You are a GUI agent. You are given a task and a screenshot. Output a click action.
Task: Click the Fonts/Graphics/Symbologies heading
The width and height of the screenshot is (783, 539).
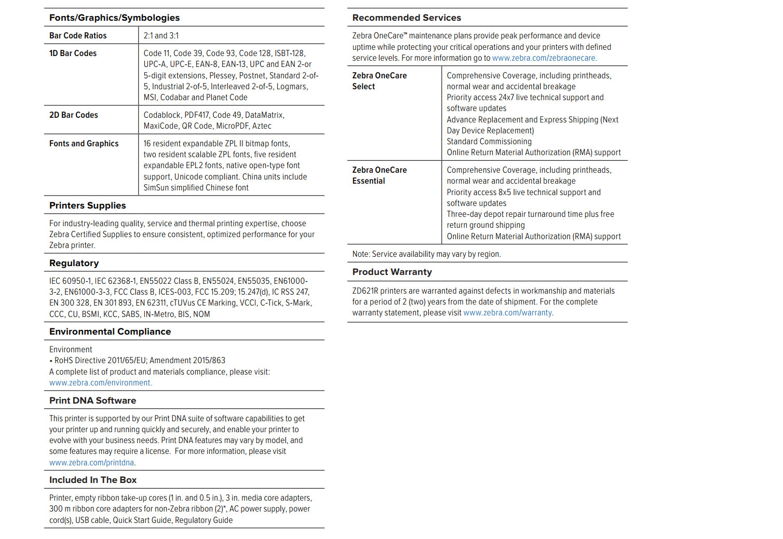point(114,18)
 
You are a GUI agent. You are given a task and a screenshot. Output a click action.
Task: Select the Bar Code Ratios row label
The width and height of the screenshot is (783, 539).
point(78,36)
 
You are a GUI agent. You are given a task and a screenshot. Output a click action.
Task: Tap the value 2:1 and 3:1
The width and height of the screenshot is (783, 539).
point(161,36)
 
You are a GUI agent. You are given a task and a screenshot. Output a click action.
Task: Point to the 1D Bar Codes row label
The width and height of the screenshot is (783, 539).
point(73,53)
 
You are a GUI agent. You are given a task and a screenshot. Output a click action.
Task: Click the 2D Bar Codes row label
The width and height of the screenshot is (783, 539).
point(73,115)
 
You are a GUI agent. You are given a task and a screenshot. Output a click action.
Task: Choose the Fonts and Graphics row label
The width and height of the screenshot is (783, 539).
point(84,144)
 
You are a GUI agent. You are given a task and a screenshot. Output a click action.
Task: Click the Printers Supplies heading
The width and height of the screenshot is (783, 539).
point(87,205)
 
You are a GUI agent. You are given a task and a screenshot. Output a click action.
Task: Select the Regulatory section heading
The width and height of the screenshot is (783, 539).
point(74,263)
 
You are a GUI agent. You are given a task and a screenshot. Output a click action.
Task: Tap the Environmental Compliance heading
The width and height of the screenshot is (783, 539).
point(110,331)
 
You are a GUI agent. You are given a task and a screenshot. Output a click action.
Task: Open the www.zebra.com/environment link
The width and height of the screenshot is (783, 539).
point(100,383)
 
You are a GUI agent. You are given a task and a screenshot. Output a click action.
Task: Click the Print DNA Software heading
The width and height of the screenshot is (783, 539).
point(92,400)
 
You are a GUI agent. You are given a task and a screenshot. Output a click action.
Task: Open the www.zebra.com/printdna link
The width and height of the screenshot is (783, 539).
point(92,463)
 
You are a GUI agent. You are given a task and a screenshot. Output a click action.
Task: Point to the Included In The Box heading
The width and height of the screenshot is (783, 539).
point(92,480)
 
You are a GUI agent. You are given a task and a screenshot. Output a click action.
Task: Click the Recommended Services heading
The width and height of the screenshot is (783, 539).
point(407,18)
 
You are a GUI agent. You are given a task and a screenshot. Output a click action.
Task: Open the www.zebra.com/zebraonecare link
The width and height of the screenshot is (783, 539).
point(544,58)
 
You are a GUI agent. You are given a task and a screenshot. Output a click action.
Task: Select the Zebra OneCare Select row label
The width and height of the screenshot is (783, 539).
point(379,81)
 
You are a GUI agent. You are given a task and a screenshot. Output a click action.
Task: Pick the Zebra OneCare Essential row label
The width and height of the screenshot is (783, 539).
point(379,175)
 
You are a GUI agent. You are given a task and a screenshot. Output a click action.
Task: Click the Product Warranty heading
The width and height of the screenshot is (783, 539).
point(392,272)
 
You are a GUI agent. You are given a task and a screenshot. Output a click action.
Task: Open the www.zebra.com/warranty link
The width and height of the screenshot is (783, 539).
point(507,313)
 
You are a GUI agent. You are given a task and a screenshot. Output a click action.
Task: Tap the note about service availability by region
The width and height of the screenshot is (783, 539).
point(426,254)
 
